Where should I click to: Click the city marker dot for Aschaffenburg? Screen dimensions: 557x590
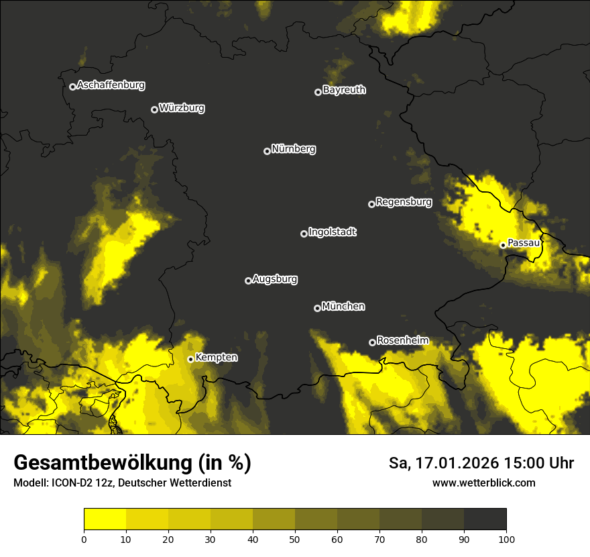tap(72, 87)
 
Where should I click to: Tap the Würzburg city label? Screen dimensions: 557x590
tap(182, 108)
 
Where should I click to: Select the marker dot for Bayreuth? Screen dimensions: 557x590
tap(318, 92)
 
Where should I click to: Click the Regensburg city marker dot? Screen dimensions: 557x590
tap(371, 204)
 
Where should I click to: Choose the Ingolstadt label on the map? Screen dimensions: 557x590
tap(333, 232)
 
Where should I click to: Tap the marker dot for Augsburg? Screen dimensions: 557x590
tap(248, 281)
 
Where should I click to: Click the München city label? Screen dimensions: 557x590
tap(343, 307)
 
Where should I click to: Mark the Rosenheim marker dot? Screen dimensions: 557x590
tap(372, 343)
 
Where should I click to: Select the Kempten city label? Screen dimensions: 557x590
tap(216, 358)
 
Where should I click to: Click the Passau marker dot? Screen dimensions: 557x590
tap(503, 245)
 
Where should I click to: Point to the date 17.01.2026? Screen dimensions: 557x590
tap(453, 463)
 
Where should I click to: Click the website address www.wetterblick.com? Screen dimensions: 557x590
tap(484, 483)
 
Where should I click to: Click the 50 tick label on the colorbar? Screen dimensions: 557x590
tap(295, 539)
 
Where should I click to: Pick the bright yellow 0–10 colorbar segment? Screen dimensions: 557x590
tap(105, 519)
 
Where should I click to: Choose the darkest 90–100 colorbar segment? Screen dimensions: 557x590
tap(485, 519)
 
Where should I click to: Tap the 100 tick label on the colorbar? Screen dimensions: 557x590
tap(506, 539)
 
